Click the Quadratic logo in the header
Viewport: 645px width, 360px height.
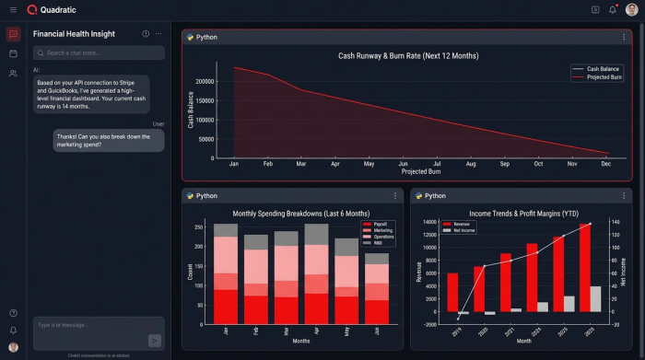click(32, 9)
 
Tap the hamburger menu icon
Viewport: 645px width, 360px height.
click(13, 9)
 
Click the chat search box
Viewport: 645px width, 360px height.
click(99, 52)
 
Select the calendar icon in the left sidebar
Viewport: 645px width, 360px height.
click(13, 53)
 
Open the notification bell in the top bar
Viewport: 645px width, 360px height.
click(613, 9)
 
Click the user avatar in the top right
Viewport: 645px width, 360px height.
click(631, 9)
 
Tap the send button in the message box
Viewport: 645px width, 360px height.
click(154, 340)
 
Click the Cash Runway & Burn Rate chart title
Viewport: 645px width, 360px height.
click(406, 55)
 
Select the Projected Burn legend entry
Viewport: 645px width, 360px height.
click(604, 77)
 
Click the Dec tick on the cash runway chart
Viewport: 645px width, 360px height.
click(606, 163)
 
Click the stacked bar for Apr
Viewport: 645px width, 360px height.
click(316, 273)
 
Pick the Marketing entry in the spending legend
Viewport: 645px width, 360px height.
click(381, 230)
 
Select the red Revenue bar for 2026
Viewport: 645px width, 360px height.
click(585, 268)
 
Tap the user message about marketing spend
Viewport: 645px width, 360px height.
click(110, 140)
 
